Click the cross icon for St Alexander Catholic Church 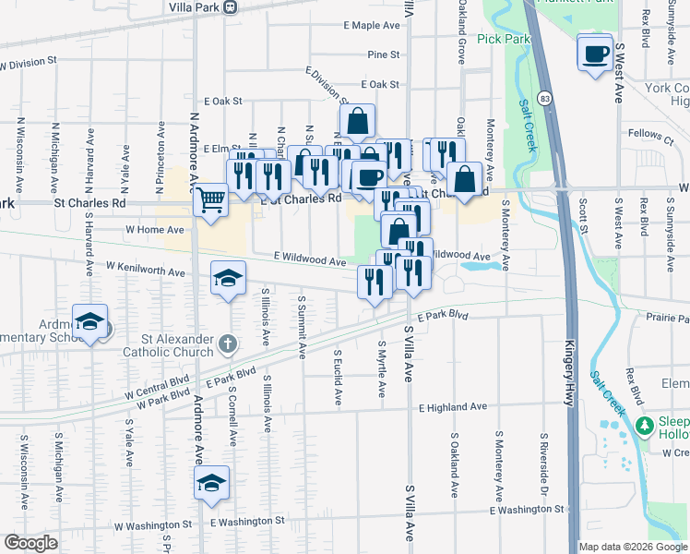[x=229, y=345]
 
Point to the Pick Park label [x=505, y=40]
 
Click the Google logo [x=30, y=543]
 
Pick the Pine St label [x=383, y=55]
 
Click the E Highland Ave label [x=452, y=407]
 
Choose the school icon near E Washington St [x=211, y=482]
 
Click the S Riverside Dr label [x=543, y=462]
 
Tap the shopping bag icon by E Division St [x=357, y=120]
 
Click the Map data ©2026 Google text [x=633, y=547]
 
